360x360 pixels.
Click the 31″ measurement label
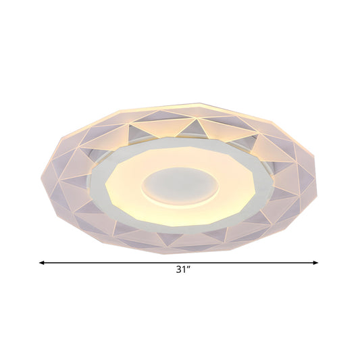click(180, 268)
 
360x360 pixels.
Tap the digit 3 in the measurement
click(178, 268)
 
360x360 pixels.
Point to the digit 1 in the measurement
click(182, 268)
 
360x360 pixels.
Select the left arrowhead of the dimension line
click(42, 262)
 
